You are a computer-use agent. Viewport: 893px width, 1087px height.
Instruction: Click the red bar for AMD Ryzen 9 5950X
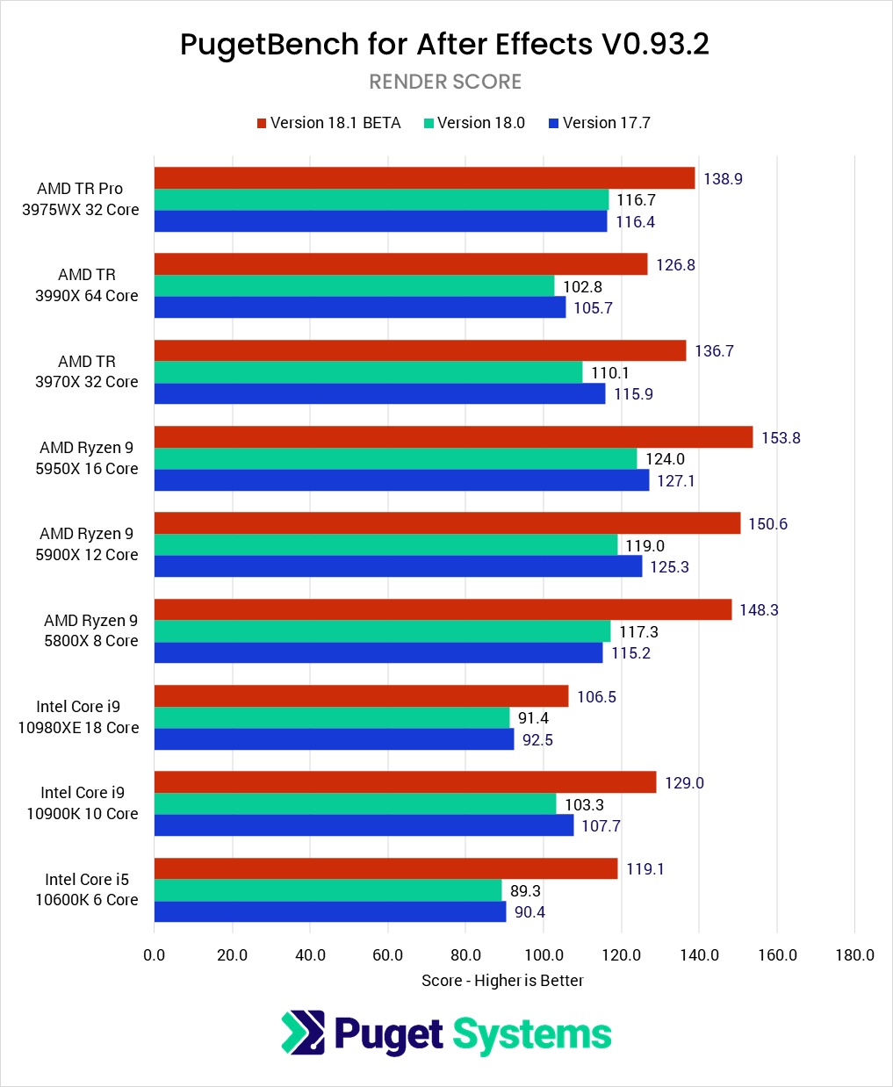[453, 437]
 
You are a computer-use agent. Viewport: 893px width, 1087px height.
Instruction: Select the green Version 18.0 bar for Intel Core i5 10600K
[328, 890]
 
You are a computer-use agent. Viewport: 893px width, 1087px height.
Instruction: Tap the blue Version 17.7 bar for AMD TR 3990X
[360, 307]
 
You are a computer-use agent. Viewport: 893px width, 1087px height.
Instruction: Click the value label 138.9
[723, 179]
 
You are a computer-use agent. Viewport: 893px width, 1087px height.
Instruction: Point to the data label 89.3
[525, 890]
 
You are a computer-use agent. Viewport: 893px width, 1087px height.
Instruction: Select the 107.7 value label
[601, 826]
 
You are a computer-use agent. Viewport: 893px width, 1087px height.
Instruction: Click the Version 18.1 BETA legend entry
[328, 123]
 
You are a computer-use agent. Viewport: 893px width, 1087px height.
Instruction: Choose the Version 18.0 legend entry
[474, 123]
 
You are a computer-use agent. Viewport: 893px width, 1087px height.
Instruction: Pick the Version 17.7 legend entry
[600, 123]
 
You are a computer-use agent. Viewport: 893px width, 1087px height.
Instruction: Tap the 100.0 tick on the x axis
[544, 955]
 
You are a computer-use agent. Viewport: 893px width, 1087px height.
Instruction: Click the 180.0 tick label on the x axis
[854, 955]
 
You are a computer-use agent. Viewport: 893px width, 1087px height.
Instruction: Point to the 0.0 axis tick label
[155, 955]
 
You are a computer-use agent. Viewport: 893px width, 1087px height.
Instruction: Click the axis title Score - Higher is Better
[502, 981]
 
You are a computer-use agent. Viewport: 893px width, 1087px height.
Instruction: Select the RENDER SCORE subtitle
[445, 82]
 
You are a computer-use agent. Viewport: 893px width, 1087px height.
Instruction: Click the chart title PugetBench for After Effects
[444, 44]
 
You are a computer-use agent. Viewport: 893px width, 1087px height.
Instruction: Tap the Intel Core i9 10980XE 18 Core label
[78, 717]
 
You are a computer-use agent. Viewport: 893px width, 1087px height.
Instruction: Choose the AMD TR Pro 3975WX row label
[80, 199]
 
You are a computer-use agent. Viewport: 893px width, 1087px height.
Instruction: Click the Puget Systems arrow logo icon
[302, 1033]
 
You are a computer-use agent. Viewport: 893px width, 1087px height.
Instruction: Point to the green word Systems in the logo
[532, 1034]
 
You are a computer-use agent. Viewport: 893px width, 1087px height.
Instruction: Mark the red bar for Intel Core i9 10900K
[405, 782]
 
